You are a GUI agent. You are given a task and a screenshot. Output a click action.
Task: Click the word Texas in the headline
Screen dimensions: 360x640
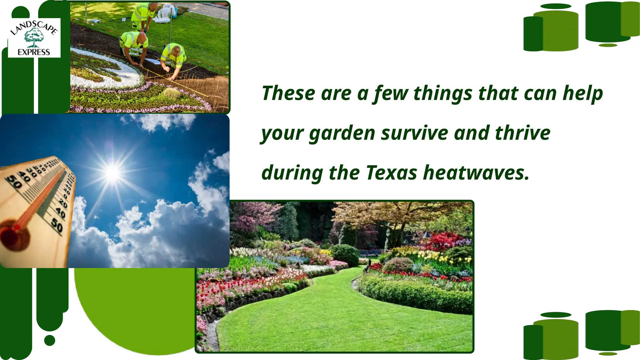click(x=391, y=173)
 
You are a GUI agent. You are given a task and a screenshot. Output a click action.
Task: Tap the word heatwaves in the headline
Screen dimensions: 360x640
click(x=476, y=173)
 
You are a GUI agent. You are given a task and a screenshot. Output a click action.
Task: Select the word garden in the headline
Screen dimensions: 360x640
click(x=342, y=133)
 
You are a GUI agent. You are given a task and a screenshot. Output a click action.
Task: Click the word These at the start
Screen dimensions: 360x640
click(x=288, y=93)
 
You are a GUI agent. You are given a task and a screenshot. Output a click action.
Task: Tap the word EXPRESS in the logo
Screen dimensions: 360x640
click(x=34, y=52)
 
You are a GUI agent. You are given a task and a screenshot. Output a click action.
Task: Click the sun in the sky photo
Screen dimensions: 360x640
click(x=112, y=172)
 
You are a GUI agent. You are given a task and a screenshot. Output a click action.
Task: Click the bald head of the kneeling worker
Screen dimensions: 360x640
click(x=142, y=37)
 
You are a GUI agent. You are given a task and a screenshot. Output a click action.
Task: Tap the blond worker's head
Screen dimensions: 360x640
click(x=176, y=49)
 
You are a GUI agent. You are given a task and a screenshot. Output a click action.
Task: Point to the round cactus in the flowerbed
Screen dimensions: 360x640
click(x=172, y=93)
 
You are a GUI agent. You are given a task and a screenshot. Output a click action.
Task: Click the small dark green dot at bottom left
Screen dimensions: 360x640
click(x=50, y=340)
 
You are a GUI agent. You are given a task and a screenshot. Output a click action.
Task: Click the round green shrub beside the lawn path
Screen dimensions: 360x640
click(x=345, y=255)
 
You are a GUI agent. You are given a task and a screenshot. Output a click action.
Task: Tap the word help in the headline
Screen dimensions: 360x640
click(x=582, y=93)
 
